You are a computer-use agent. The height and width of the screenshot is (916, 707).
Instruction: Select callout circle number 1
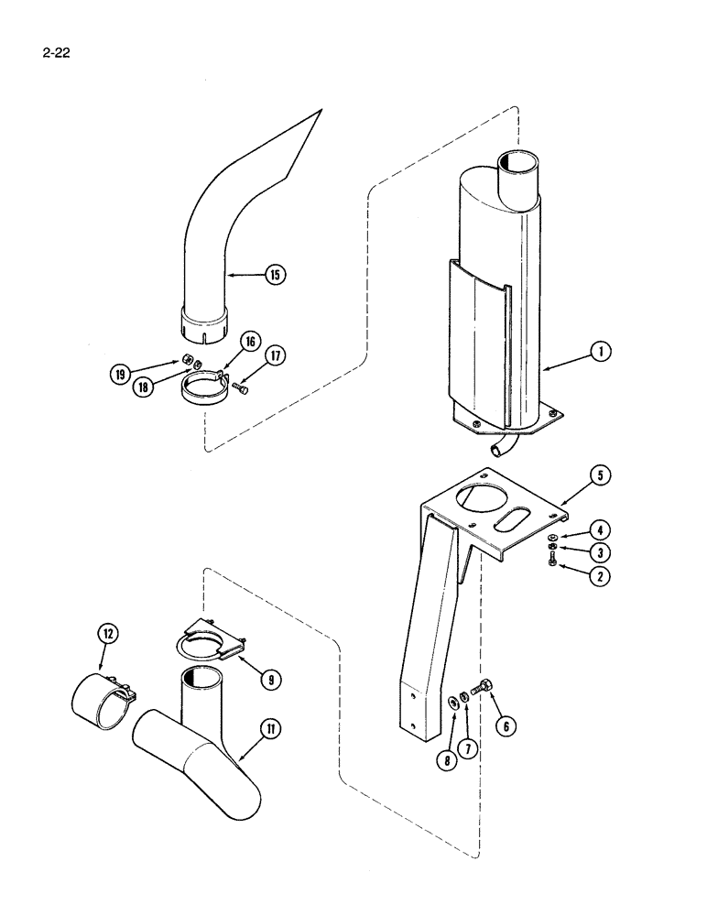tap(601, 351)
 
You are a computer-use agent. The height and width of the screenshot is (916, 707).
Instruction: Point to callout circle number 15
tap(274, 272)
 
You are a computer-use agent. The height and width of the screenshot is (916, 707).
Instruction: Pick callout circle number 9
tap(271, 679)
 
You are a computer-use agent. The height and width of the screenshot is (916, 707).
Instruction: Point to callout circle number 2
tap(602, 577)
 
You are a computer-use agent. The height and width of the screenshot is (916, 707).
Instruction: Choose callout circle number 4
tap(601, 529)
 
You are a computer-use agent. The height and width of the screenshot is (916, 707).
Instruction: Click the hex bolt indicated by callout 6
tap(482, 685)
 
